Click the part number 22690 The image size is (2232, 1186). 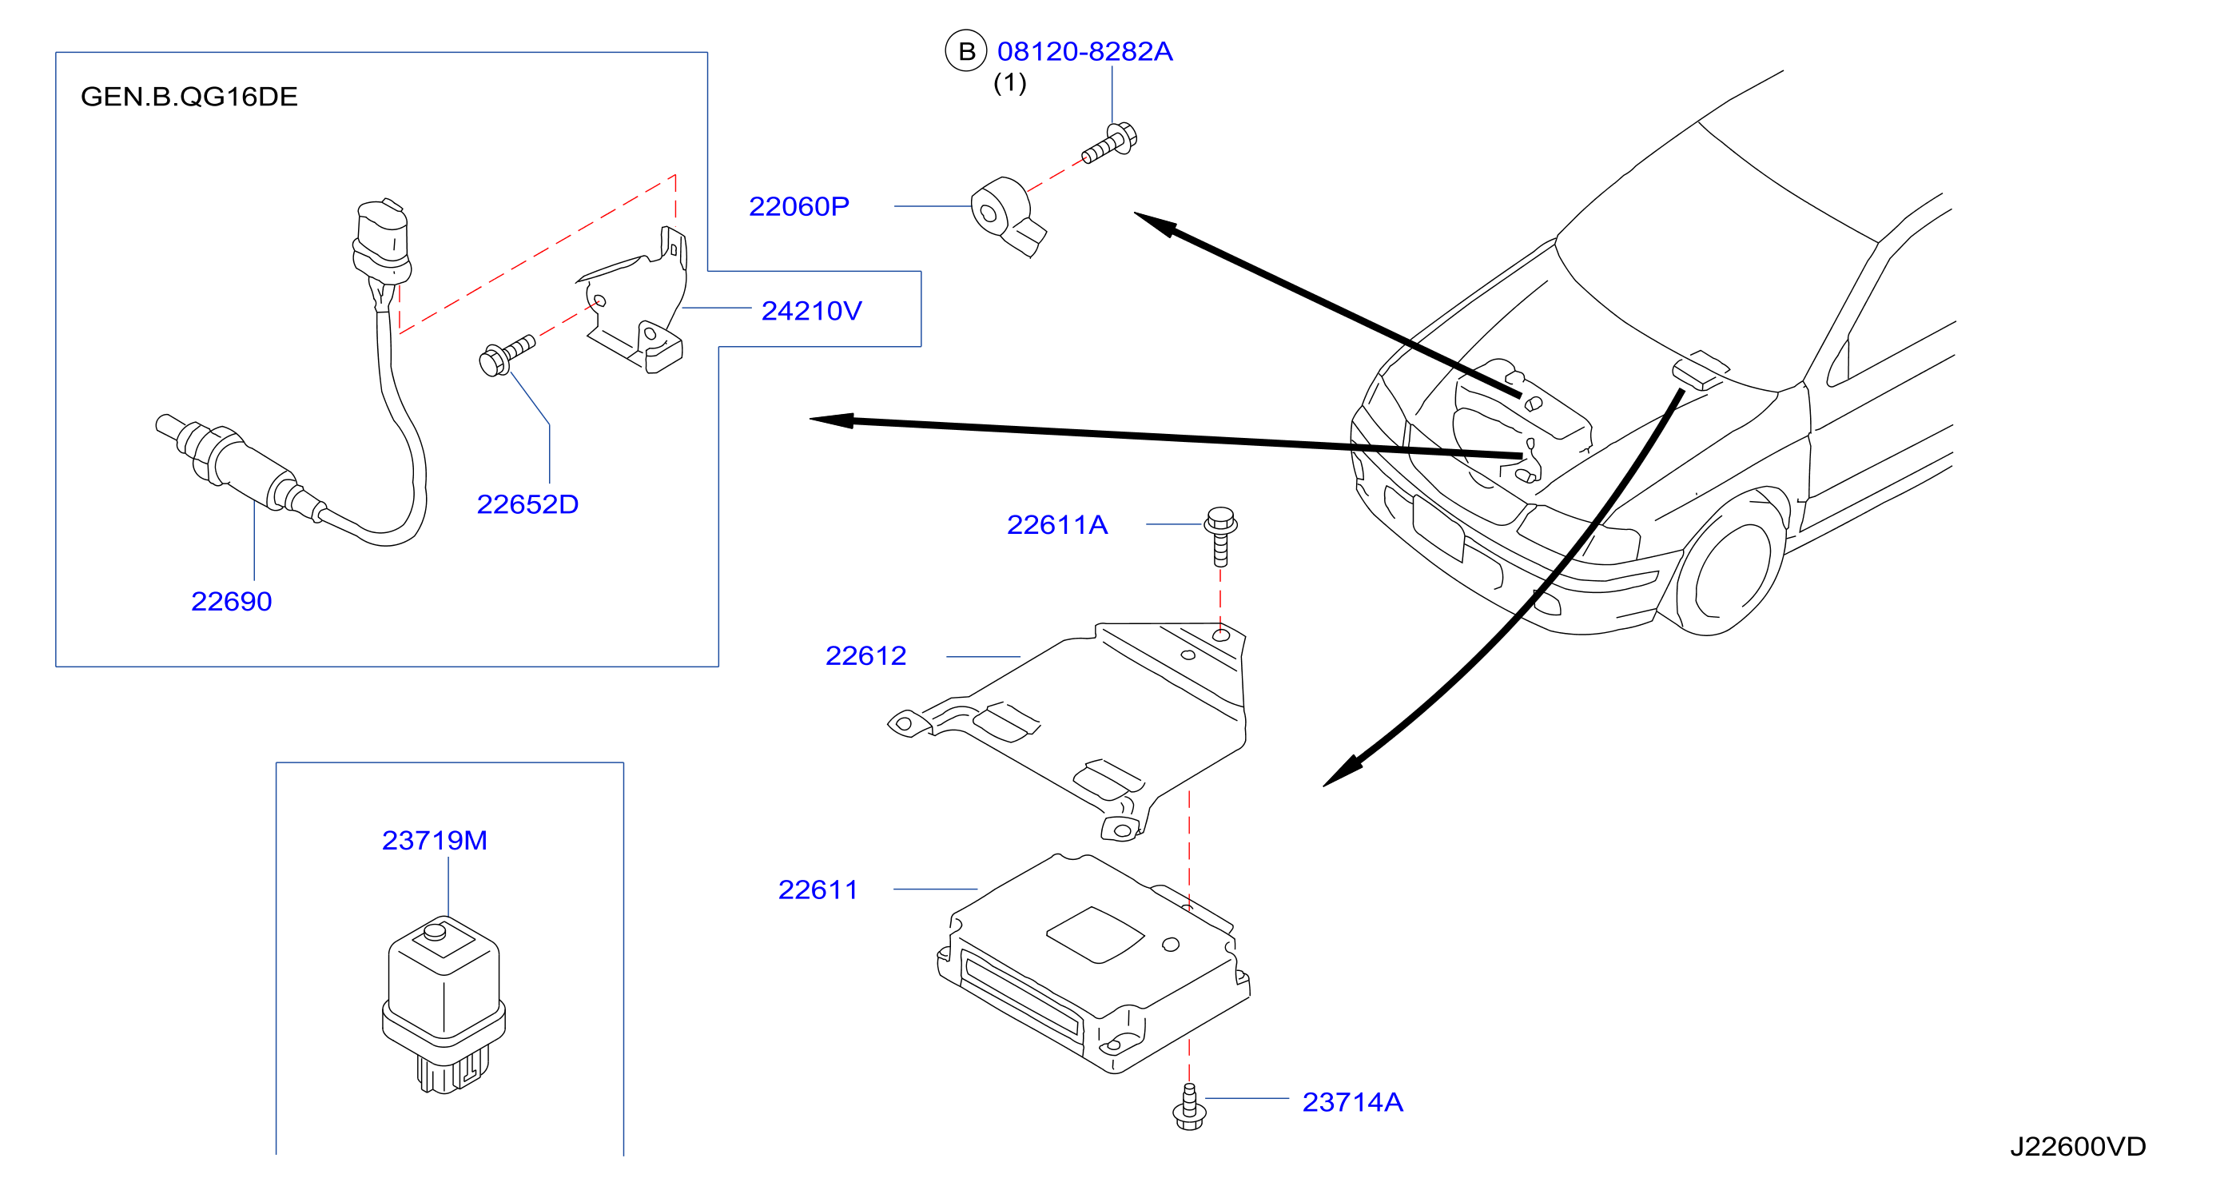(231, 601)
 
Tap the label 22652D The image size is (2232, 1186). (527, 504)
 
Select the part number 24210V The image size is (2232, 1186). (812, 311)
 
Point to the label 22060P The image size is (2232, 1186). (799, 206)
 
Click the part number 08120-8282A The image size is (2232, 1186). (1084, 51)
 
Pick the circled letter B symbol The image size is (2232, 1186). (966, 51)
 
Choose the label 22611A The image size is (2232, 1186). (1057, 525)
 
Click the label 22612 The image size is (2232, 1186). (865, 656)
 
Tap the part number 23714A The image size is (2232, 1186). (1352, 1102)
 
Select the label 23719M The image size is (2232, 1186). (435, 840)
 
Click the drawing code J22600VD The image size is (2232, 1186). (2078, 1147)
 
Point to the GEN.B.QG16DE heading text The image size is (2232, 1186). (189, 96)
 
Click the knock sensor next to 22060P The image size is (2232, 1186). (1007, 216)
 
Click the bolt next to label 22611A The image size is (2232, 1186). (1220, 536)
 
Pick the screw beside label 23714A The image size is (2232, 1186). (1189, 1107)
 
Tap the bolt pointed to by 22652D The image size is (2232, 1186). (507, 355)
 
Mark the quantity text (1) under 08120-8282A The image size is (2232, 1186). (1009, 83)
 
